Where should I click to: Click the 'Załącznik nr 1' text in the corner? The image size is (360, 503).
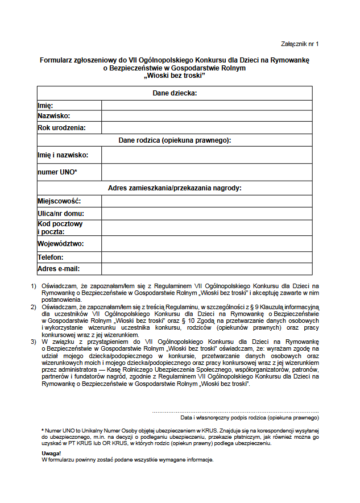(300, 44)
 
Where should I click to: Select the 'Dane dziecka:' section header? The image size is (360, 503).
(175, 93)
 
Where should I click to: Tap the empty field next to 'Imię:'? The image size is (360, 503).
(206, 105)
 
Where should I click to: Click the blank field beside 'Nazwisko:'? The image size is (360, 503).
(206, 116)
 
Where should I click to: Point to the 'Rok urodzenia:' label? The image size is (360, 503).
(61, 128)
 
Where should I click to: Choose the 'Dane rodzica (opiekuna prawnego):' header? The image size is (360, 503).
(175, 140)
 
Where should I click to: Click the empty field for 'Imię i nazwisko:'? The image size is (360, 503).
(206, 155)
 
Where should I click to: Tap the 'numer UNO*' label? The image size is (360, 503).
(57, 172)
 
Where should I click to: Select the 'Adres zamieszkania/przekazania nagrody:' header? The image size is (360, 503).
(175, 188)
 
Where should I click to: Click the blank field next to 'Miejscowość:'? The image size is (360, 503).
(206, 201)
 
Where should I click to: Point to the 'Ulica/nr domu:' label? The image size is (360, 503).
(61, 214)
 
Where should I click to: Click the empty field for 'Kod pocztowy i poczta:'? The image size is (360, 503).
(206, 228)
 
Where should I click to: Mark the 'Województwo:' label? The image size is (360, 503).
(60, 244)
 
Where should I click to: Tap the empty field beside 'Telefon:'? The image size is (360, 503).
(206, 257)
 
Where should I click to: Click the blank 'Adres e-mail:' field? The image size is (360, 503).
(206, 268)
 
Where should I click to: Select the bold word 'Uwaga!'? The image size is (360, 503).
(51, 454)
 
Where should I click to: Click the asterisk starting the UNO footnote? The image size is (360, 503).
(43, 430)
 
